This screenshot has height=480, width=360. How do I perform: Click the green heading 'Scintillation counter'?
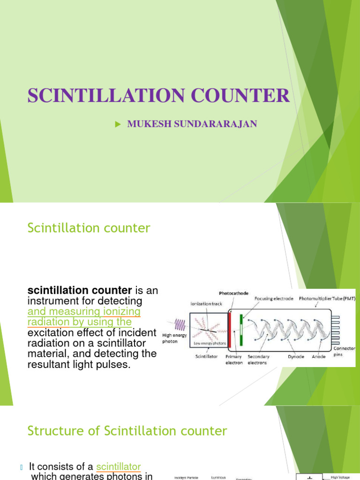tap(89, 228)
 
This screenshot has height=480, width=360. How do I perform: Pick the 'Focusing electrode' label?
tap(273, 298)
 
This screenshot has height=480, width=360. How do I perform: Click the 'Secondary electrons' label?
tap(258, 360)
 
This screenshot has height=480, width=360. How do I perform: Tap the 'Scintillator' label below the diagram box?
tap(206, 357)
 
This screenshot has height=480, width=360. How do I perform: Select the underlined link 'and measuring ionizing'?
tap(84, 312)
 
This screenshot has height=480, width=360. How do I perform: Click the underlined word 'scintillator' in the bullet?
tap(118, 466)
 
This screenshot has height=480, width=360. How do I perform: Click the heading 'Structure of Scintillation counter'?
tap(127, 431)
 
